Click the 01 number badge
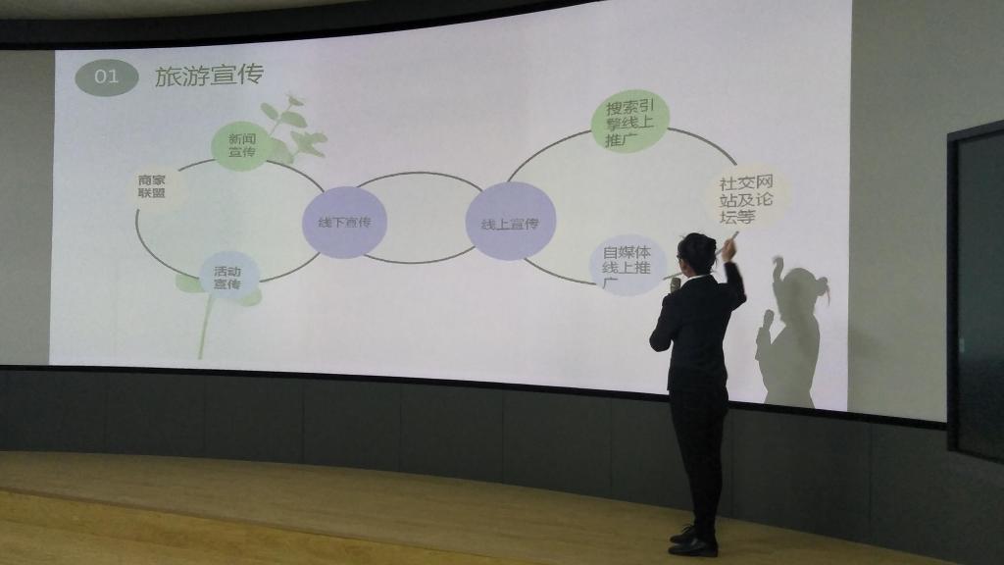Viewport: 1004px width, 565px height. point(106,77)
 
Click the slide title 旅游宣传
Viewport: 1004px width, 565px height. point(209,76)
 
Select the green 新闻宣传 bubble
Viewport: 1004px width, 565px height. point(241,145)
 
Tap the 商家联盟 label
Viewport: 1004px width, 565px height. point(152,185)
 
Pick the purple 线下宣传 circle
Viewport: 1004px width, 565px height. point(344,223)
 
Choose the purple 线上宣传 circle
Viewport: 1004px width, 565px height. point(510,222)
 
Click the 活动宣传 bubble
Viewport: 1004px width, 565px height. point(227,278)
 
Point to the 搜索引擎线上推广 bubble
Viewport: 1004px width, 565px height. point(629,122)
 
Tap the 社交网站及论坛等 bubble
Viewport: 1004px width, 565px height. point(746,199)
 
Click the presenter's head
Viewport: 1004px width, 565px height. point(696,252)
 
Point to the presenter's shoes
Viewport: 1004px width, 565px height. point(692,541)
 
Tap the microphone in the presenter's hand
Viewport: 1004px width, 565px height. point(675,284)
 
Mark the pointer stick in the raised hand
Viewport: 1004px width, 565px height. point(728,244)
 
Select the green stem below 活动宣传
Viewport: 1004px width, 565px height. point(206,326)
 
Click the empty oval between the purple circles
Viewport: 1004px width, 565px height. point(419,218)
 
